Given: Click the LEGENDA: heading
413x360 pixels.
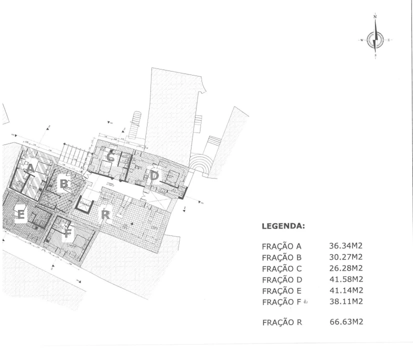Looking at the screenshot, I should point(283,226).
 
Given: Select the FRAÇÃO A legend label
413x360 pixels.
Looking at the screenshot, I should point(281,246).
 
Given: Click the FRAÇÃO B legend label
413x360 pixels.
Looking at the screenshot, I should point(281,257).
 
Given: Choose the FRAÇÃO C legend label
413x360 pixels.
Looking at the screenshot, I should point(281,268).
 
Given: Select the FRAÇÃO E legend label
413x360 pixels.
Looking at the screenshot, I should point(281,290).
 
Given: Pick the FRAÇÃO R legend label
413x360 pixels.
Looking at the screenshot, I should point(281,322).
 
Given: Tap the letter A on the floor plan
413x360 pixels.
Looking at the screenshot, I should point(30,168).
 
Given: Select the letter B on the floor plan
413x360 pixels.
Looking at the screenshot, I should point(63,184).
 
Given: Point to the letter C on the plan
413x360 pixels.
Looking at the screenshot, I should point(110,156).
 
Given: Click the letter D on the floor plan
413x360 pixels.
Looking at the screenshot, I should point(154,175).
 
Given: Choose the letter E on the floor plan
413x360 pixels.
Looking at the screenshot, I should point(20,214).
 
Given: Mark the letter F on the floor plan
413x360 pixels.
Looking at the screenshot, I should point(67,233).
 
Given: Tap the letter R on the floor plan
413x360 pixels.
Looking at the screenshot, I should point(105,214).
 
